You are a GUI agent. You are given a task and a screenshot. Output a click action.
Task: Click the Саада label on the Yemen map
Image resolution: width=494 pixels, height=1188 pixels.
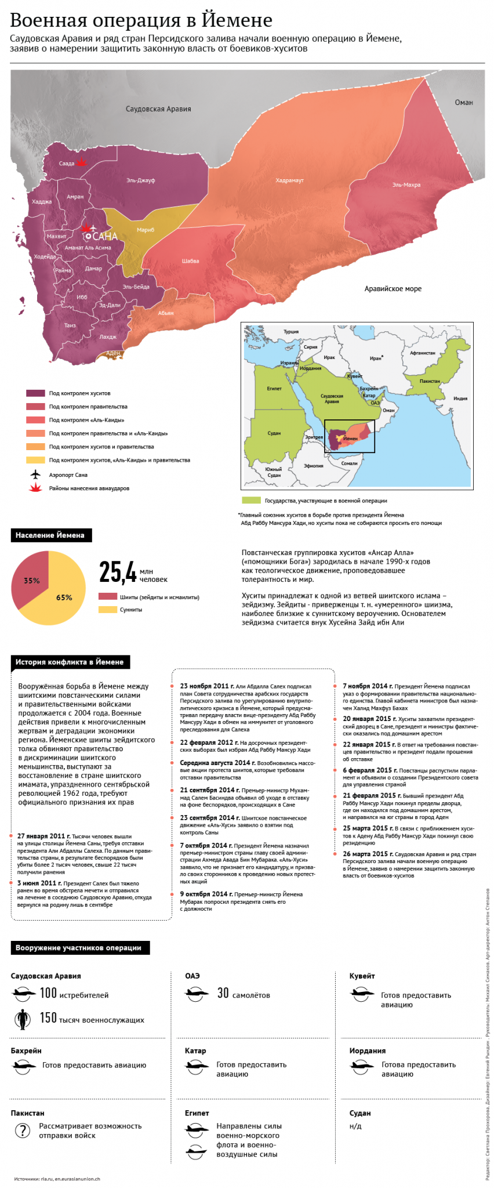tap(67, 164)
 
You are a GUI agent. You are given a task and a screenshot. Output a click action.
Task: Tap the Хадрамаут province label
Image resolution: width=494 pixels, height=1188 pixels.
tap(289, 180)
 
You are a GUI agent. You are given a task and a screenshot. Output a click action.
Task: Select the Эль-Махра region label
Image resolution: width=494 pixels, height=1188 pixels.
tap(406, 185)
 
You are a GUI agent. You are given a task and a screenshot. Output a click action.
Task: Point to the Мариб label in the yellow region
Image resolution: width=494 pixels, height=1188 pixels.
tap(146, 230)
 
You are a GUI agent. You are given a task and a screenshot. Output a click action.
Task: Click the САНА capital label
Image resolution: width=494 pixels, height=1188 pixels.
tap(104, 237)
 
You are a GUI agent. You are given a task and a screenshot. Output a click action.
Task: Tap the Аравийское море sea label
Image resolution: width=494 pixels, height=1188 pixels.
tap(393, 289)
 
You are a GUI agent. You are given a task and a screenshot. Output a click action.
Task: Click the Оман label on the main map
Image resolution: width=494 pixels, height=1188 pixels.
tap(463, 103)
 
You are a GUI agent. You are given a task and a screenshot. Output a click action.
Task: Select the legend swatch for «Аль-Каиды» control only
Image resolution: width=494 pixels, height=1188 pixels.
tap(35, 420)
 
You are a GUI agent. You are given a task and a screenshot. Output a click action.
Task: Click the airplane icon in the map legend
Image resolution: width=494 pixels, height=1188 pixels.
tap(36, 475)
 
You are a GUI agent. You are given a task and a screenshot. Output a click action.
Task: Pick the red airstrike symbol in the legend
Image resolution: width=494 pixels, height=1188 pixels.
tap(36, 488)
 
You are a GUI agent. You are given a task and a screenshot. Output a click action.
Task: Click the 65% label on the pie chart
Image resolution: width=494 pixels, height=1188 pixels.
tap(64, 597)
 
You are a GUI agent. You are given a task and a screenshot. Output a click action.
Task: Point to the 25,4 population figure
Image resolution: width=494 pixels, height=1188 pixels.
tap(118, 572)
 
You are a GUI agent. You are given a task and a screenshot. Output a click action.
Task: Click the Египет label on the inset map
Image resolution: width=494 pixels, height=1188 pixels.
tap(274, 389)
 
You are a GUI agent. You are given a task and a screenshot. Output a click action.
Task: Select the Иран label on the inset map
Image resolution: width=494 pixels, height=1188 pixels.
tap(376, 358)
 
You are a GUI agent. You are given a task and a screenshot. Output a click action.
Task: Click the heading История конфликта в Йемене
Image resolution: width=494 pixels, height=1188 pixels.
tap(70, 662)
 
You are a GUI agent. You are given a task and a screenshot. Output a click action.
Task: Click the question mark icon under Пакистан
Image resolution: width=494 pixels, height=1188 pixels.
tap(22, 1130)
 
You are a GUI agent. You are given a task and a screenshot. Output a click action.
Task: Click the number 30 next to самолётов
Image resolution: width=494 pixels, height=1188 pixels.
tap(223, 993)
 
